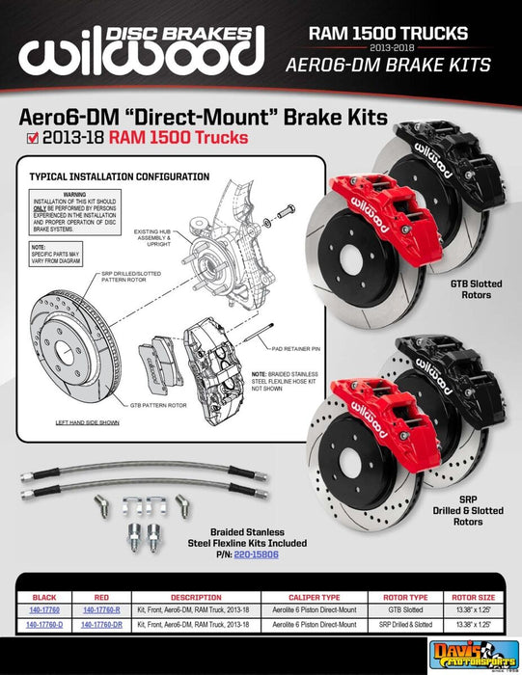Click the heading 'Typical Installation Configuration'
tap(119, 177)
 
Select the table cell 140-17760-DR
tap(102, 625)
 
